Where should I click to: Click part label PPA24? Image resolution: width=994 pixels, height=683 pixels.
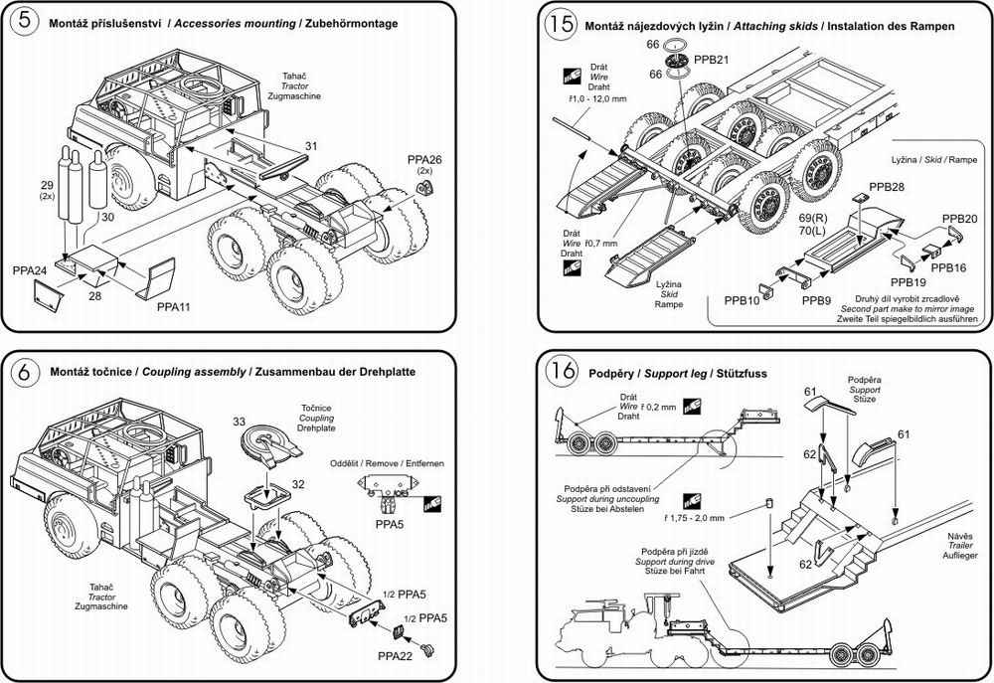[29, 269]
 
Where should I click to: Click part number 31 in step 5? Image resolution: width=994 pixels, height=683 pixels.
[310, 146]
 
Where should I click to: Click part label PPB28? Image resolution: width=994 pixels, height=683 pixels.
[887, 187]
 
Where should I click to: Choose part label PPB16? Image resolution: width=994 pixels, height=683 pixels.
[948, 267]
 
